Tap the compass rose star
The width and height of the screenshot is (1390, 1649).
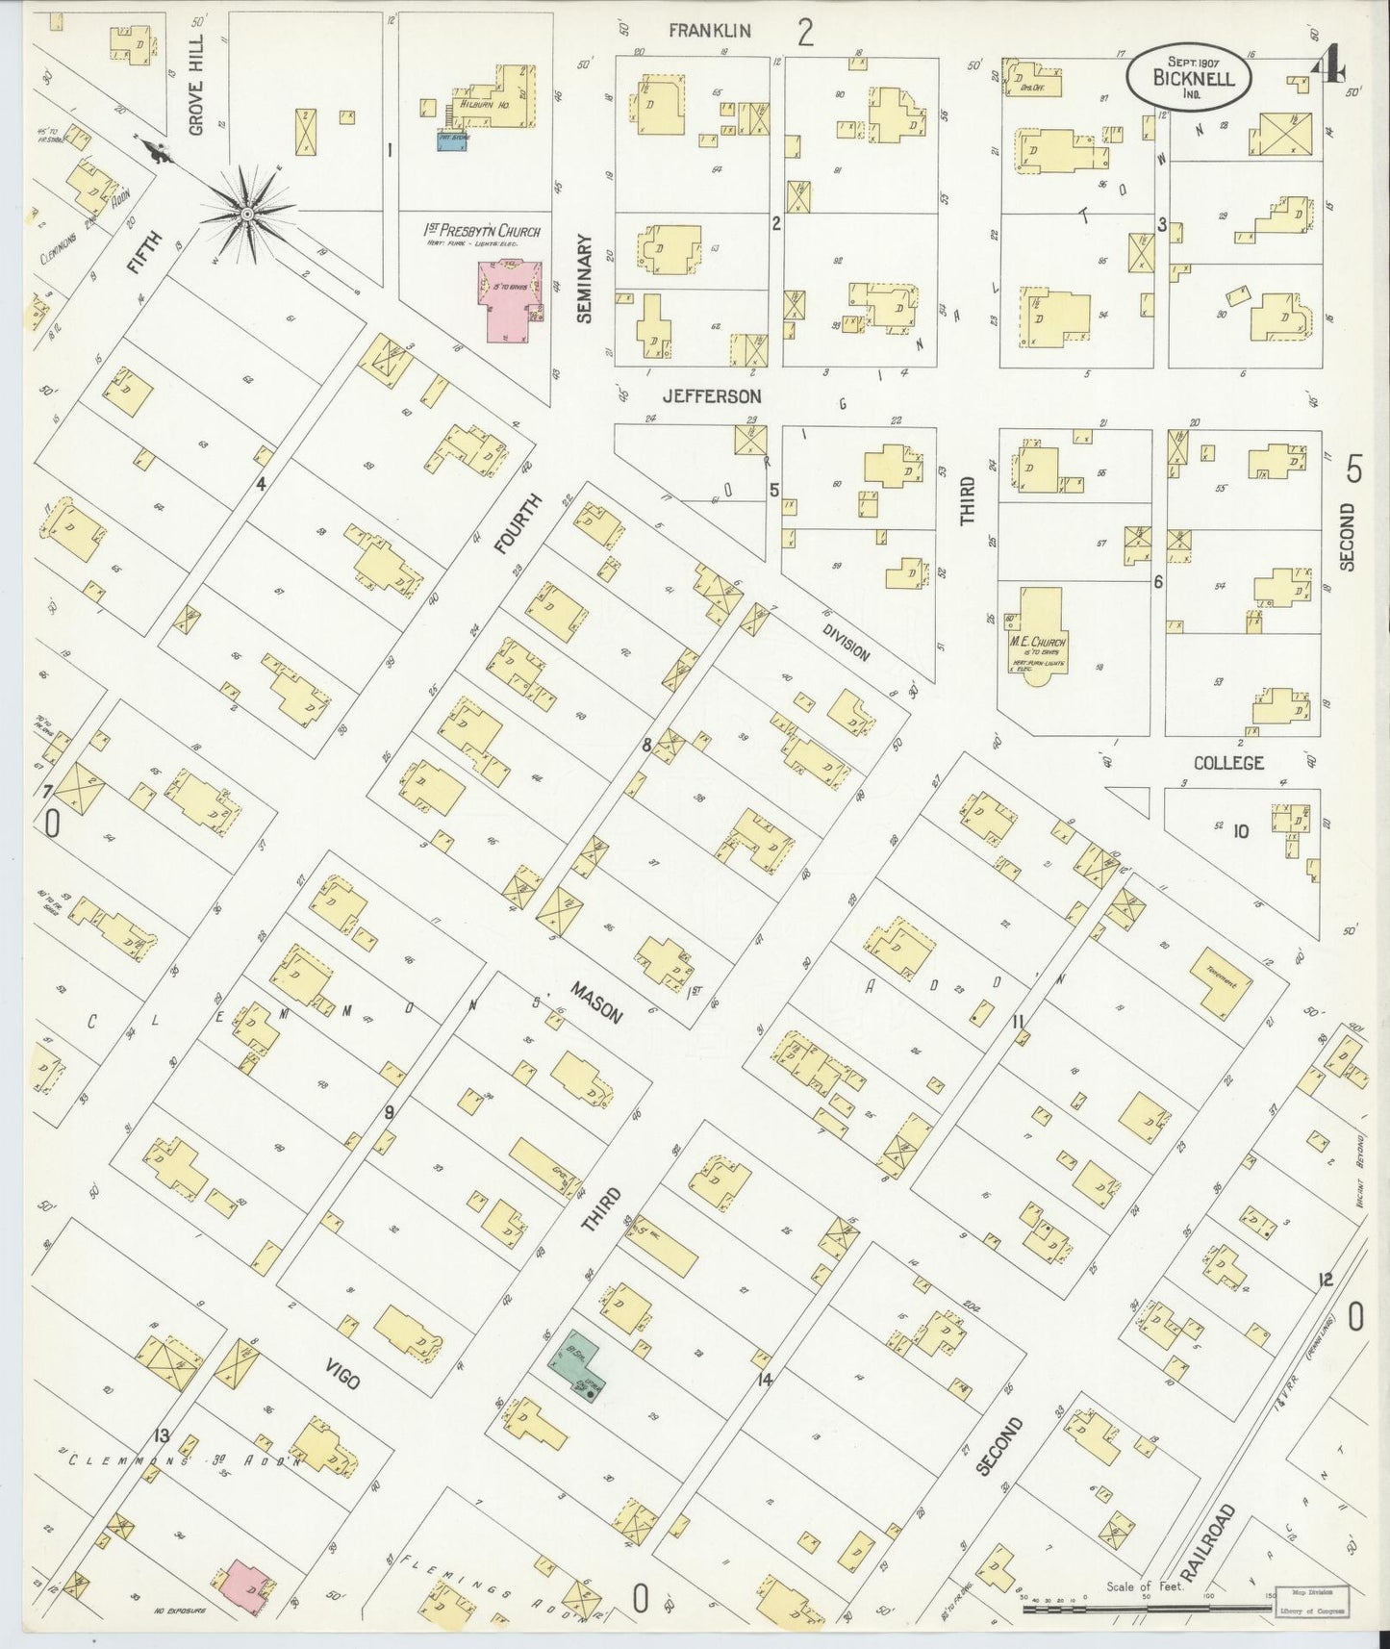click(x=247, y=213)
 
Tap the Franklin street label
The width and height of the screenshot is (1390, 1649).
click(x=710, y=31)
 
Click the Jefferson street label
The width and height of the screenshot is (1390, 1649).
click(x=712, y=396)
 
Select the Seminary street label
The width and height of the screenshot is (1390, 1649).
click(x=586, y=279)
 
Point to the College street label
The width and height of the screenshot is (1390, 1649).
click(x=1228, y=763)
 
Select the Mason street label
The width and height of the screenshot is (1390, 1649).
click(x=596, y=1003)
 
